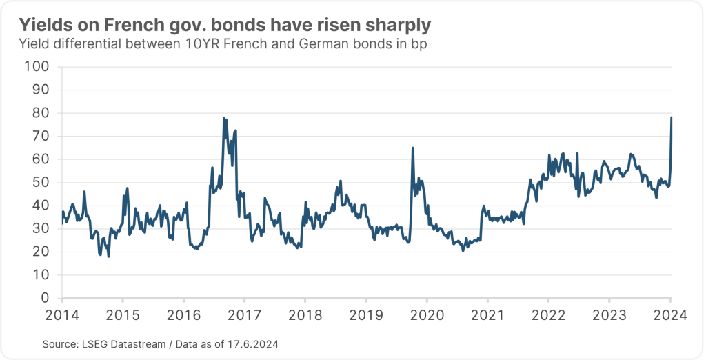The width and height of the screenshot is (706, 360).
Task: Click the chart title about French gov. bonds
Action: [225, 26]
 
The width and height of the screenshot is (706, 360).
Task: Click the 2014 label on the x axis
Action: [61, 316]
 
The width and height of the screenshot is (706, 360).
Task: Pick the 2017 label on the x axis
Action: [244, 316]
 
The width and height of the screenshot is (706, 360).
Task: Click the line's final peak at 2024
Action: [672, 117]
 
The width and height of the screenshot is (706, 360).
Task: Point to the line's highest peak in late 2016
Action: [224, 119]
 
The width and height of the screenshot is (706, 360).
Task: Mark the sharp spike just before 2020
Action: [412, 148]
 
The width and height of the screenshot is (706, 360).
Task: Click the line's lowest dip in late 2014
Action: [109, 256]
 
